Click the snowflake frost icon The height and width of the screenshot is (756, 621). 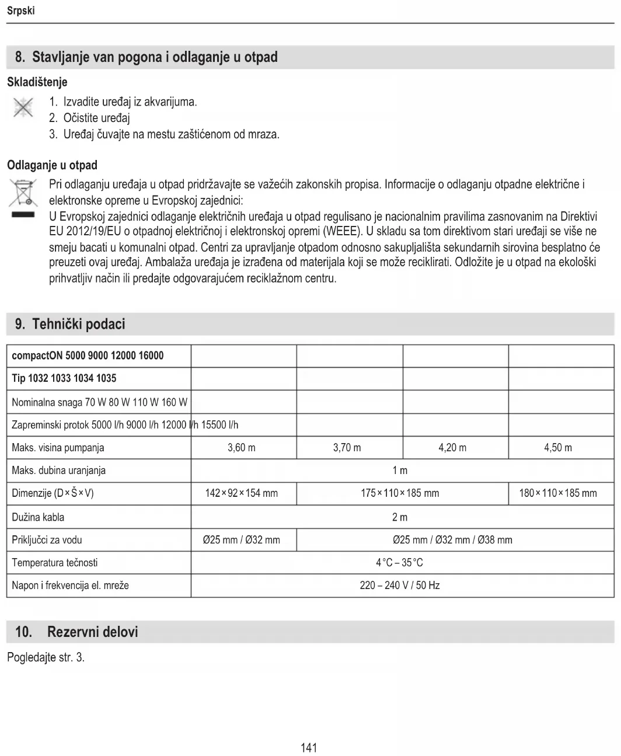(x=21, y=109)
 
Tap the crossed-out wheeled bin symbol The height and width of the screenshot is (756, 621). (x=22, y=194)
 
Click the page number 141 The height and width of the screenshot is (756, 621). (x=309, y=747)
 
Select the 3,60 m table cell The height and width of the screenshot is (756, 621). (x=242, y=448)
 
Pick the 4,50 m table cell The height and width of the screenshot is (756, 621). (x=558, y=448)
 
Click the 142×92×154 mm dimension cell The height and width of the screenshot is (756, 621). (x=242, y=493)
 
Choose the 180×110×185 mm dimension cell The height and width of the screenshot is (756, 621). (x=558, y=493)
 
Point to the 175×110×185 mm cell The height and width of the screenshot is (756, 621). (x=400, y=493)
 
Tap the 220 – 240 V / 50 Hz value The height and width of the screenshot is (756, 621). (x=400, y=585)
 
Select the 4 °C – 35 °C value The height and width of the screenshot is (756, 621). (x=400, y=563)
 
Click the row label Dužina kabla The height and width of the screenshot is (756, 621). (x=38, y=517)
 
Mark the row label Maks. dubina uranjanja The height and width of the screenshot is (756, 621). (x=58, y=471)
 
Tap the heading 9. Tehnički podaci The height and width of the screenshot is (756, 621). (x=70, y=324)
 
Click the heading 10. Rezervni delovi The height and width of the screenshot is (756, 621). (x=76, y=632)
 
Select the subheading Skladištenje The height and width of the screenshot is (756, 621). (x=37, y=82)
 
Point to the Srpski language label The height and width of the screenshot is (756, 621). (x=21, y=11)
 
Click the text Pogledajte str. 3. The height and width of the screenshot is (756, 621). (x=46, y=657)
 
